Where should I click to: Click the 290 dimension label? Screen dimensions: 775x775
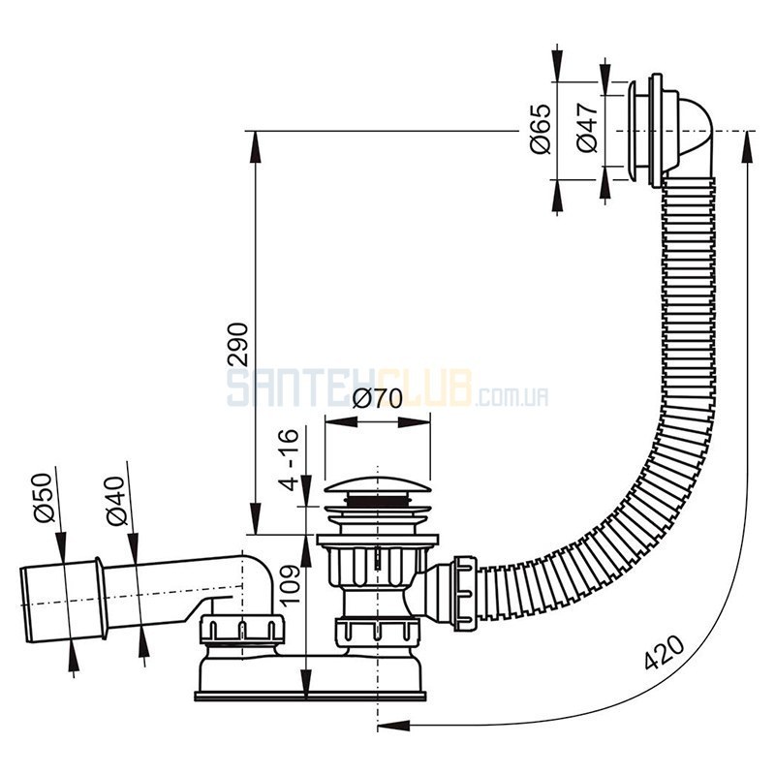[237, 344]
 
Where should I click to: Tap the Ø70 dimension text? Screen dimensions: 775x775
[377, 399]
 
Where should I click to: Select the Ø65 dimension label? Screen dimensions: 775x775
[541, 130]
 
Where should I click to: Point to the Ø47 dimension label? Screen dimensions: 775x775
[587, 128]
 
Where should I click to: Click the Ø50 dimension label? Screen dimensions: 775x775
[43, 498]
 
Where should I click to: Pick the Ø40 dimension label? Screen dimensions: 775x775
[115, 501]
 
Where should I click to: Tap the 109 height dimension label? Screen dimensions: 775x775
[290, 586]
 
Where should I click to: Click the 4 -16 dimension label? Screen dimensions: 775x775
[288, 459]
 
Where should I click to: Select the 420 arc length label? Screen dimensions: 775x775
[665, 652]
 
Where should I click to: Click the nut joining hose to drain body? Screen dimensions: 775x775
[466, 593]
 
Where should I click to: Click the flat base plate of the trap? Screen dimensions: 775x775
[310, 697]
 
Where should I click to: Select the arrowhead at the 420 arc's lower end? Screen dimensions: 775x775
[394, 726]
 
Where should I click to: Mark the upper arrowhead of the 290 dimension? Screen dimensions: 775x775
[256, 147]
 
